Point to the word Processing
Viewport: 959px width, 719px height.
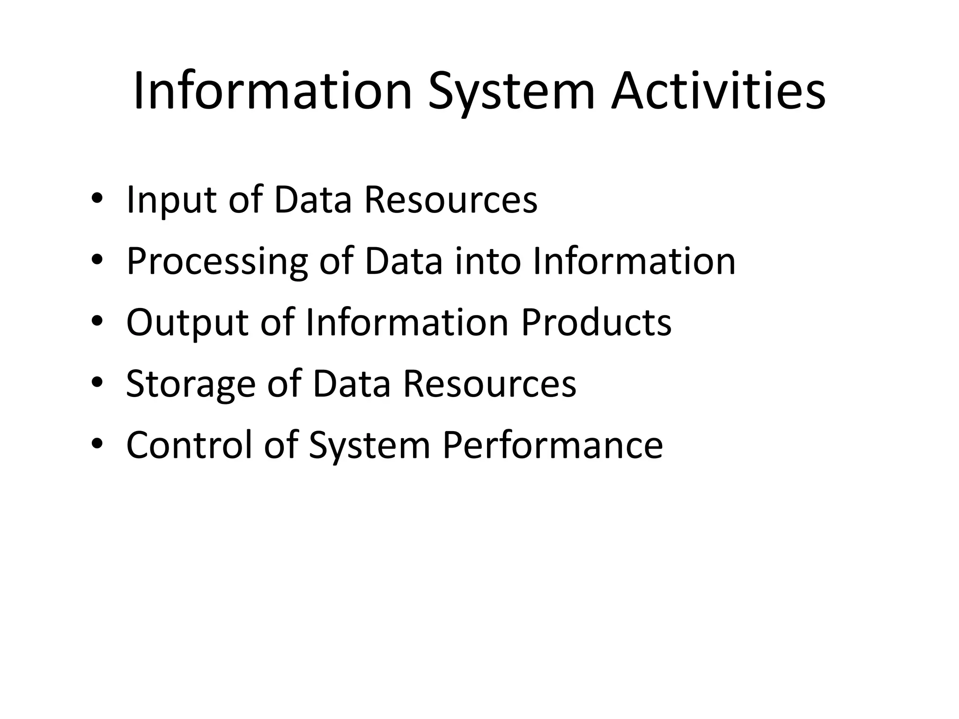217,262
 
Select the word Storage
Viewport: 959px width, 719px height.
191,384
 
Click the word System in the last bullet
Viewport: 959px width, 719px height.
369,446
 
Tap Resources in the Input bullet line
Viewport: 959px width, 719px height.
451,200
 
